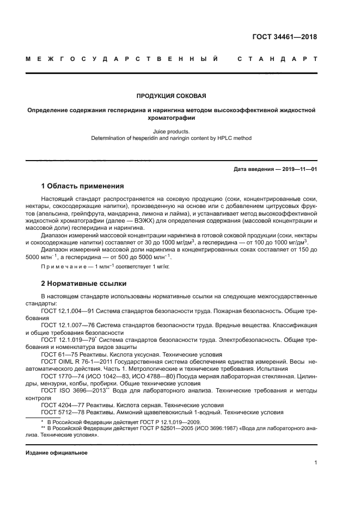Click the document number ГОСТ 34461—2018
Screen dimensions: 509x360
tap(284, 37)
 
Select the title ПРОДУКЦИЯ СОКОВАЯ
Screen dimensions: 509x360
tap(170, 96)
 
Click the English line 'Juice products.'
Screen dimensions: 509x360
tap(171, 131)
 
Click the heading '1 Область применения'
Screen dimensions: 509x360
tap(82, 186)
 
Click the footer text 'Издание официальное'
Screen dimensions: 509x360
tap(57, 453)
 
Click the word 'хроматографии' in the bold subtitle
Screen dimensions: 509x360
tap(171, 117)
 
